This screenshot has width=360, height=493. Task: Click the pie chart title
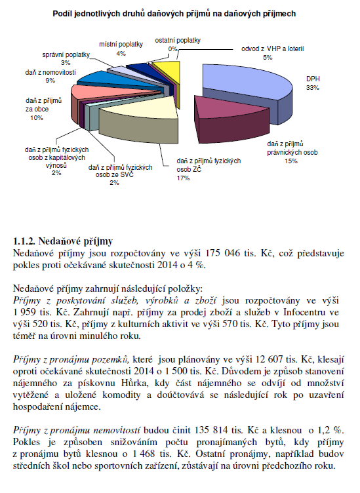(174, 14)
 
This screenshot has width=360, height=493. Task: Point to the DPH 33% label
(313, 83)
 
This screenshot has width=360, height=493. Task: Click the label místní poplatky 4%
(121, 49)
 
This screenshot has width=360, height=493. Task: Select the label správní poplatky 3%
(66, 58)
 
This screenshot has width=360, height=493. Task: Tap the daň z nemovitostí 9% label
(50, 77)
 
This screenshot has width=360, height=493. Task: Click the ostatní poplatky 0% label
(178, 45)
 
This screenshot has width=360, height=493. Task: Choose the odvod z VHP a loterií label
(272, 53)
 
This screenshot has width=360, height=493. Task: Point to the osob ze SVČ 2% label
(121, 175)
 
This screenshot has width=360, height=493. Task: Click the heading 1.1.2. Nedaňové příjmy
(63, 241)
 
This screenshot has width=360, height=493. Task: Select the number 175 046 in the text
(223, 253)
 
